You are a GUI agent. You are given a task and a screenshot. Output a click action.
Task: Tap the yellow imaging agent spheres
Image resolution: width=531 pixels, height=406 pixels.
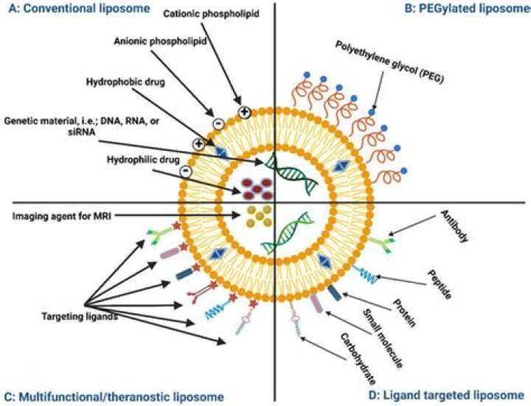[x=256, y=215]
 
